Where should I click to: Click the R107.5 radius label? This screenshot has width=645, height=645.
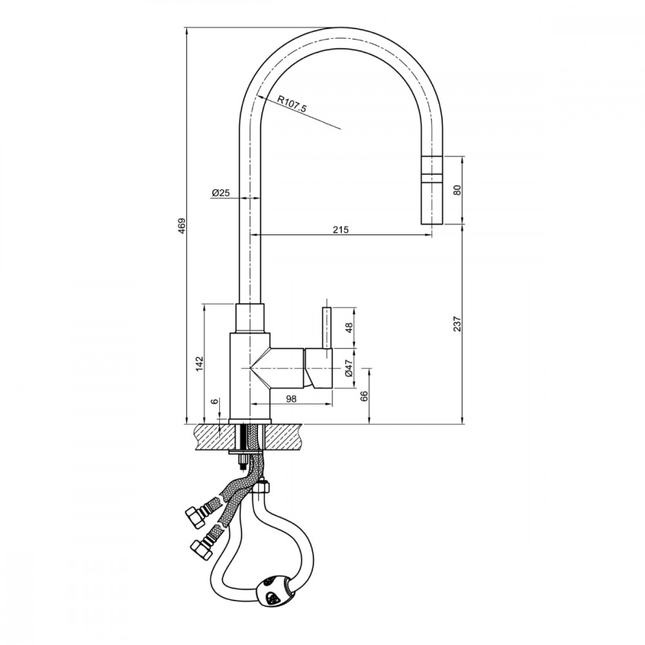click(x=292, y=104)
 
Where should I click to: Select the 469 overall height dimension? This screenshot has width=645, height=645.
click(x=181, y=226)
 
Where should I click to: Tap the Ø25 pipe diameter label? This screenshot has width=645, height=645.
click(x=221, y=192)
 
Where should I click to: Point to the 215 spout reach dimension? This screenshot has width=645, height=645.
click(x=341, y=230)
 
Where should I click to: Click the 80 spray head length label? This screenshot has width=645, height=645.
click(x=457, y=190)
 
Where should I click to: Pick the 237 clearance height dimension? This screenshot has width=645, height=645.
click(x=457, y=324)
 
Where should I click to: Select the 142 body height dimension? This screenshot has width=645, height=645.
click(x=199, y=364)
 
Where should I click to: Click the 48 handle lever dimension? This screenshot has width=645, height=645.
click(x=349, y=328)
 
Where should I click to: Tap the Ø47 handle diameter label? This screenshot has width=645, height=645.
click(x=349, y=368)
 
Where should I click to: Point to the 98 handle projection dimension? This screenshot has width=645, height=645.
click(x=291, y=399)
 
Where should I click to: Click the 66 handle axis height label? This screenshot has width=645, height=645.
click(x=364, y=396)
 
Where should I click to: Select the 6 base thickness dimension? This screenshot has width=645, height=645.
click(x=215, y=401)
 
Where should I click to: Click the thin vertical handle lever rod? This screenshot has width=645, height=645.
click(x=327, y=328)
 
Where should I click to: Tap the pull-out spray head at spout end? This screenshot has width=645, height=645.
click(x=432, y=190)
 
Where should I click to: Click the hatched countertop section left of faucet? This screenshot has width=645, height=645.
click(x=214, y=437)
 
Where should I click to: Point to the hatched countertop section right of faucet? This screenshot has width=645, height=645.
click(x=283, y=437)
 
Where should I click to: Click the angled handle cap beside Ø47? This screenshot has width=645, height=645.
click(x=318, y=368)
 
